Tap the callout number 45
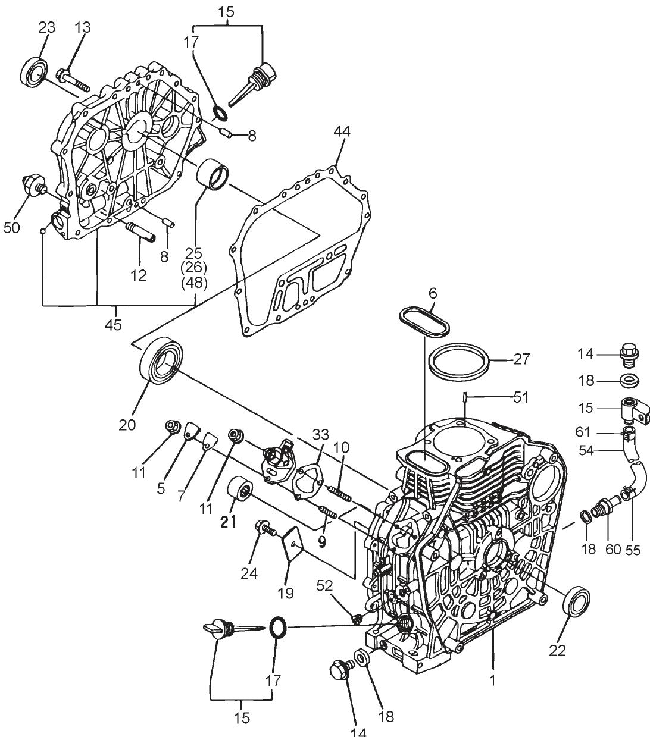113,325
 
